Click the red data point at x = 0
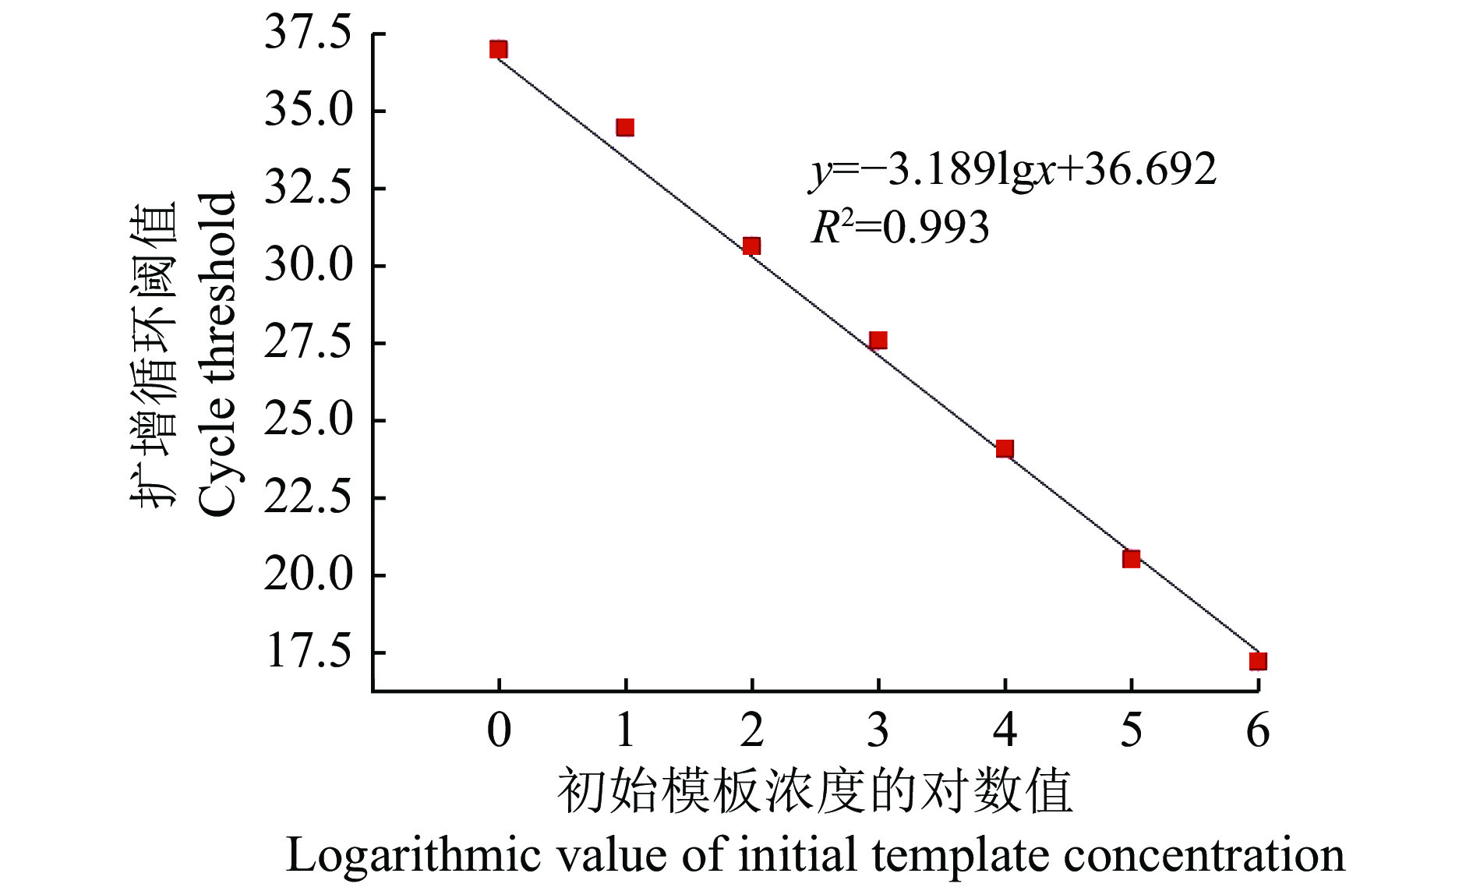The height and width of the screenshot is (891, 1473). pyautogui.click(x=499, y=50)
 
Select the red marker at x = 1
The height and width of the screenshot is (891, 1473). pyautogui.click(x=625, y=127)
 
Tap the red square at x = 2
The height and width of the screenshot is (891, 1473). pyautogui.click(x=751, y=246)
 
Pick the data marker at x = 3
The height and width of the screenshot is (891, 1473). pyautogui.click(x=878, y=341)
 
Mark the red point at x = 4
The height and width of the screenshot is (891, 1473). pyautogui.click(x=1005, y=448)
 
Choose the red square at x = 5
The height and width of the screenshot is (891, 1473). pyautogui.click(x=1131, y=559)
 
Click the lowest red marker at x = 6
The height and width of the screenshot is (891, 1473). pyautogui.click(x=1257, y=662)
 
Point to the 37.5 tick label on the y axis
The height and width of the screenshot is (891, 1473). pyautogui.click(x=309, y=34)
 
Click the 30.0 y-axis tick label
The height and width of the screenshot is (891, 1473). pyautogui.click(x=309, y=265)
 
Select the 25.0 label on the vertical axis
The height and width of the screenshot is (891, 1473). pyautogui.click(x=309, y=420)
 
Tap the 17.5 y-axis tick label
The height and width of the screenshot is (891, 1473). pyautogui.click(x=309, y=652)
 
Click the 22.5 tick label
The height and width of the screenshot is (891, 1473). pyautogui.click(x=309, y=497)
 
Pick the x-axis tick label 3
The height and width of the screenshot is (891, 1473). pyautogui.click(x=878, y=730)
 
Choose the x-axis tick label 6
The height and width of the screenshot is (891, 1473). pyautogui.click(x=1258, y=730)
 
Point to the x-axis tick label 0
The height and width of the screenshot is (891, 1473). pyautogui.click(x=499, y=730)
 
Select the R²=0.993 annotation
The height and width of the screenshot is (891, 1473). pyautogui.click(x=900, y=228)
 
